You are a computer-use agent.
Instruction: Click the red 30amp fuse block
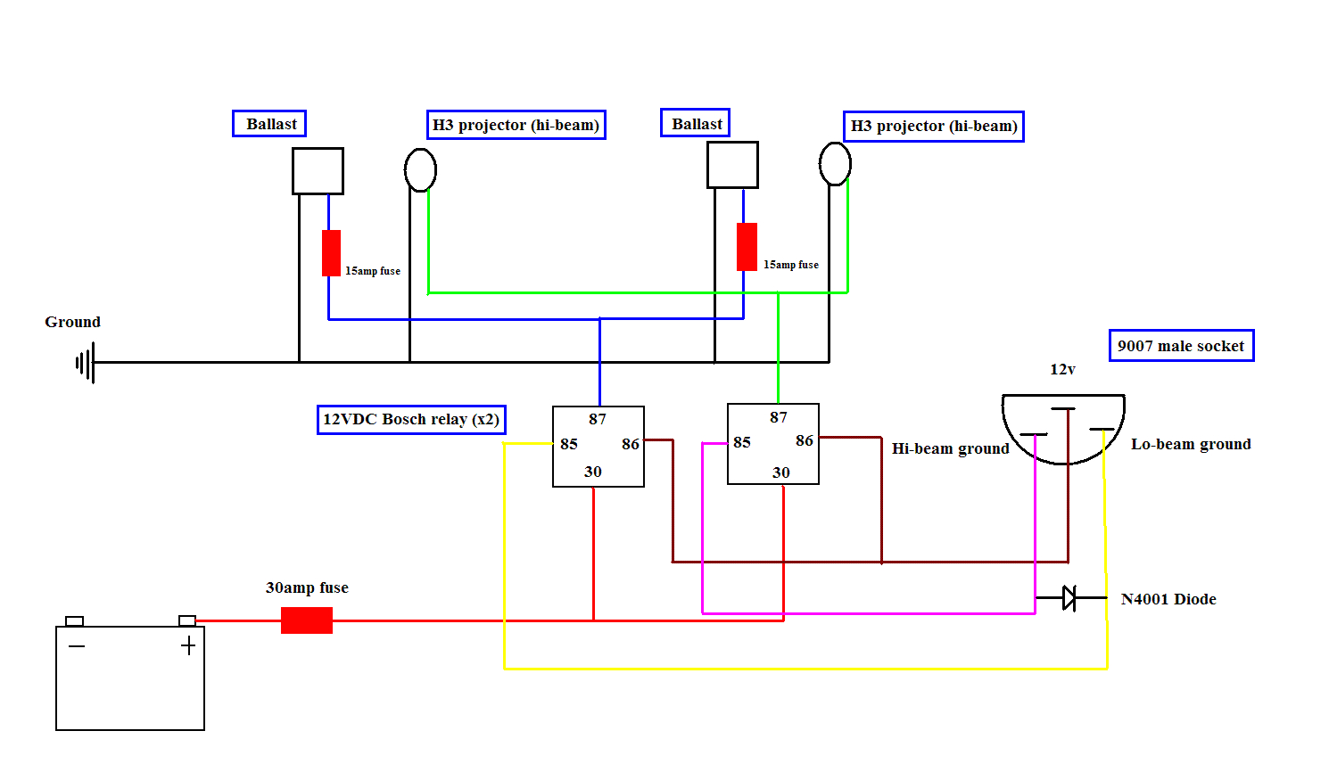(307, 620)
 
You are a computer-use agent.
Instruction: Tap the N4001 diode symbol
(1069, 597)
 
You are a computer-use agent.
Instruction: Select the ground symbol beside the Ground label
(86, 362)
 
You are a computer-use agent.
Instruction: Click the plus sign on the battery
(188, 645)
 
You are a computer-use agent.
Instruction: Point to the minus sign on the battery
(77, 645)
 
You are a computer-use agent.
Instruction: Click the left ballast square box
(318, 171)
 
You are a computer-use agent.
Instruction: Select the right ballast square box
(732, 165)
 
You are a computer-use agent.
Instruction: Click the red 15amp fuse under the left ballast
(331, 253)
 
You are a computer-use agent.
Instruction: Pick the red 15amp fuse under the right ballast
(747, 247)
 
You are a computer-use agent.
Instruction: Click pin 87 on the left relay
(598, 419)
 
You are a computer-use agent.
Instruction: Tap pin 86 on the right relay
(805, 440)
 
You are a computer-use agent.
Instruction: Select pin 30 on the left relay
(593, 472)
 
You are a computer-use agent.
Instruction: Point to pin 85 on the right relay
(741, 442)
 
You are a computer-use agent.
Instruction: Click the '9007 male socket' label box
(1181, 346)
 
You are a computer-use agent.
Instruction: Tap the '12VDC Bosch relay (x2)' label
(412, 420)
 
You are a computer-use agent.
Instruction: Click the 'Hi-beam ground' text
(951, 449)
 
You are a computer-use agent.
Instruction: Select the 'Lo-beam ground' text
(1191, 444)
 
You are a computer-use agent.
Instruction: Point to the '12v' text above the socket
(1062, 369)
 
